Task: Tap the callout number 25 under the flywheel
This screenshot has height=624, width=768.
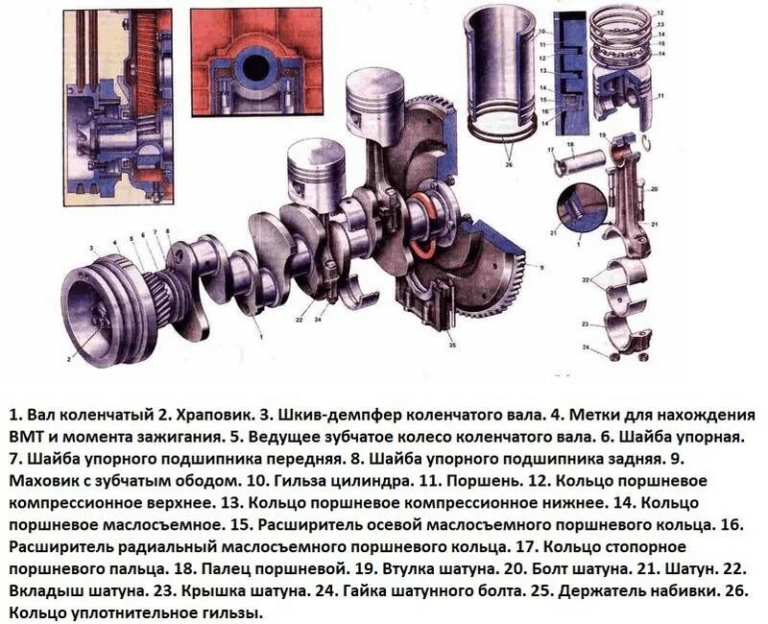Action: [x=450, y=343]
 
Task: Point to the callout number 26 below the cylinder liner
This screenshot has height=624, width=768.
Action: [x=508, y=165]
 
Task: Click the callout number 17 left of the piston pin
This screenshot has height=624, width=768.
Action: [x=551, y=150]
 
